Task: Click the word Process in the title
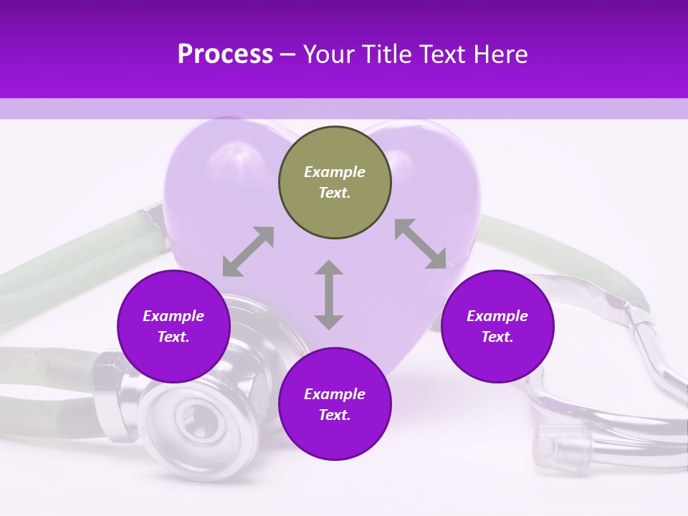point(225,54)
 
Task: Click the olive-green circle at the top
point(335,183)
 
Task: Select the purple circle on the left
point(173,326)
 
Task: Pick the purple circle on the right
point(497,326)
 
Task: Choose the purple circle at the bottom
point(335,404)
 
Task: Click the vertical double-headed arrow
point(329,295)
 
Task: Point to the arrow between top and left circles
point(248,252)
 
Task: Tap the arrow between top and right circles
point(420,244)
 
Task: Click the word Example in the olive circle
point(335,172)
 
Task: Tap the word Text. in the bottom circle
point(335,415)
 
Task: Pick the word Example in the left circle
point(173,316)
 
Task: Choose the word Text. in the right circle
point(497,337)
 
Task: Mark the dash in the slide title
point(288,54)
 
